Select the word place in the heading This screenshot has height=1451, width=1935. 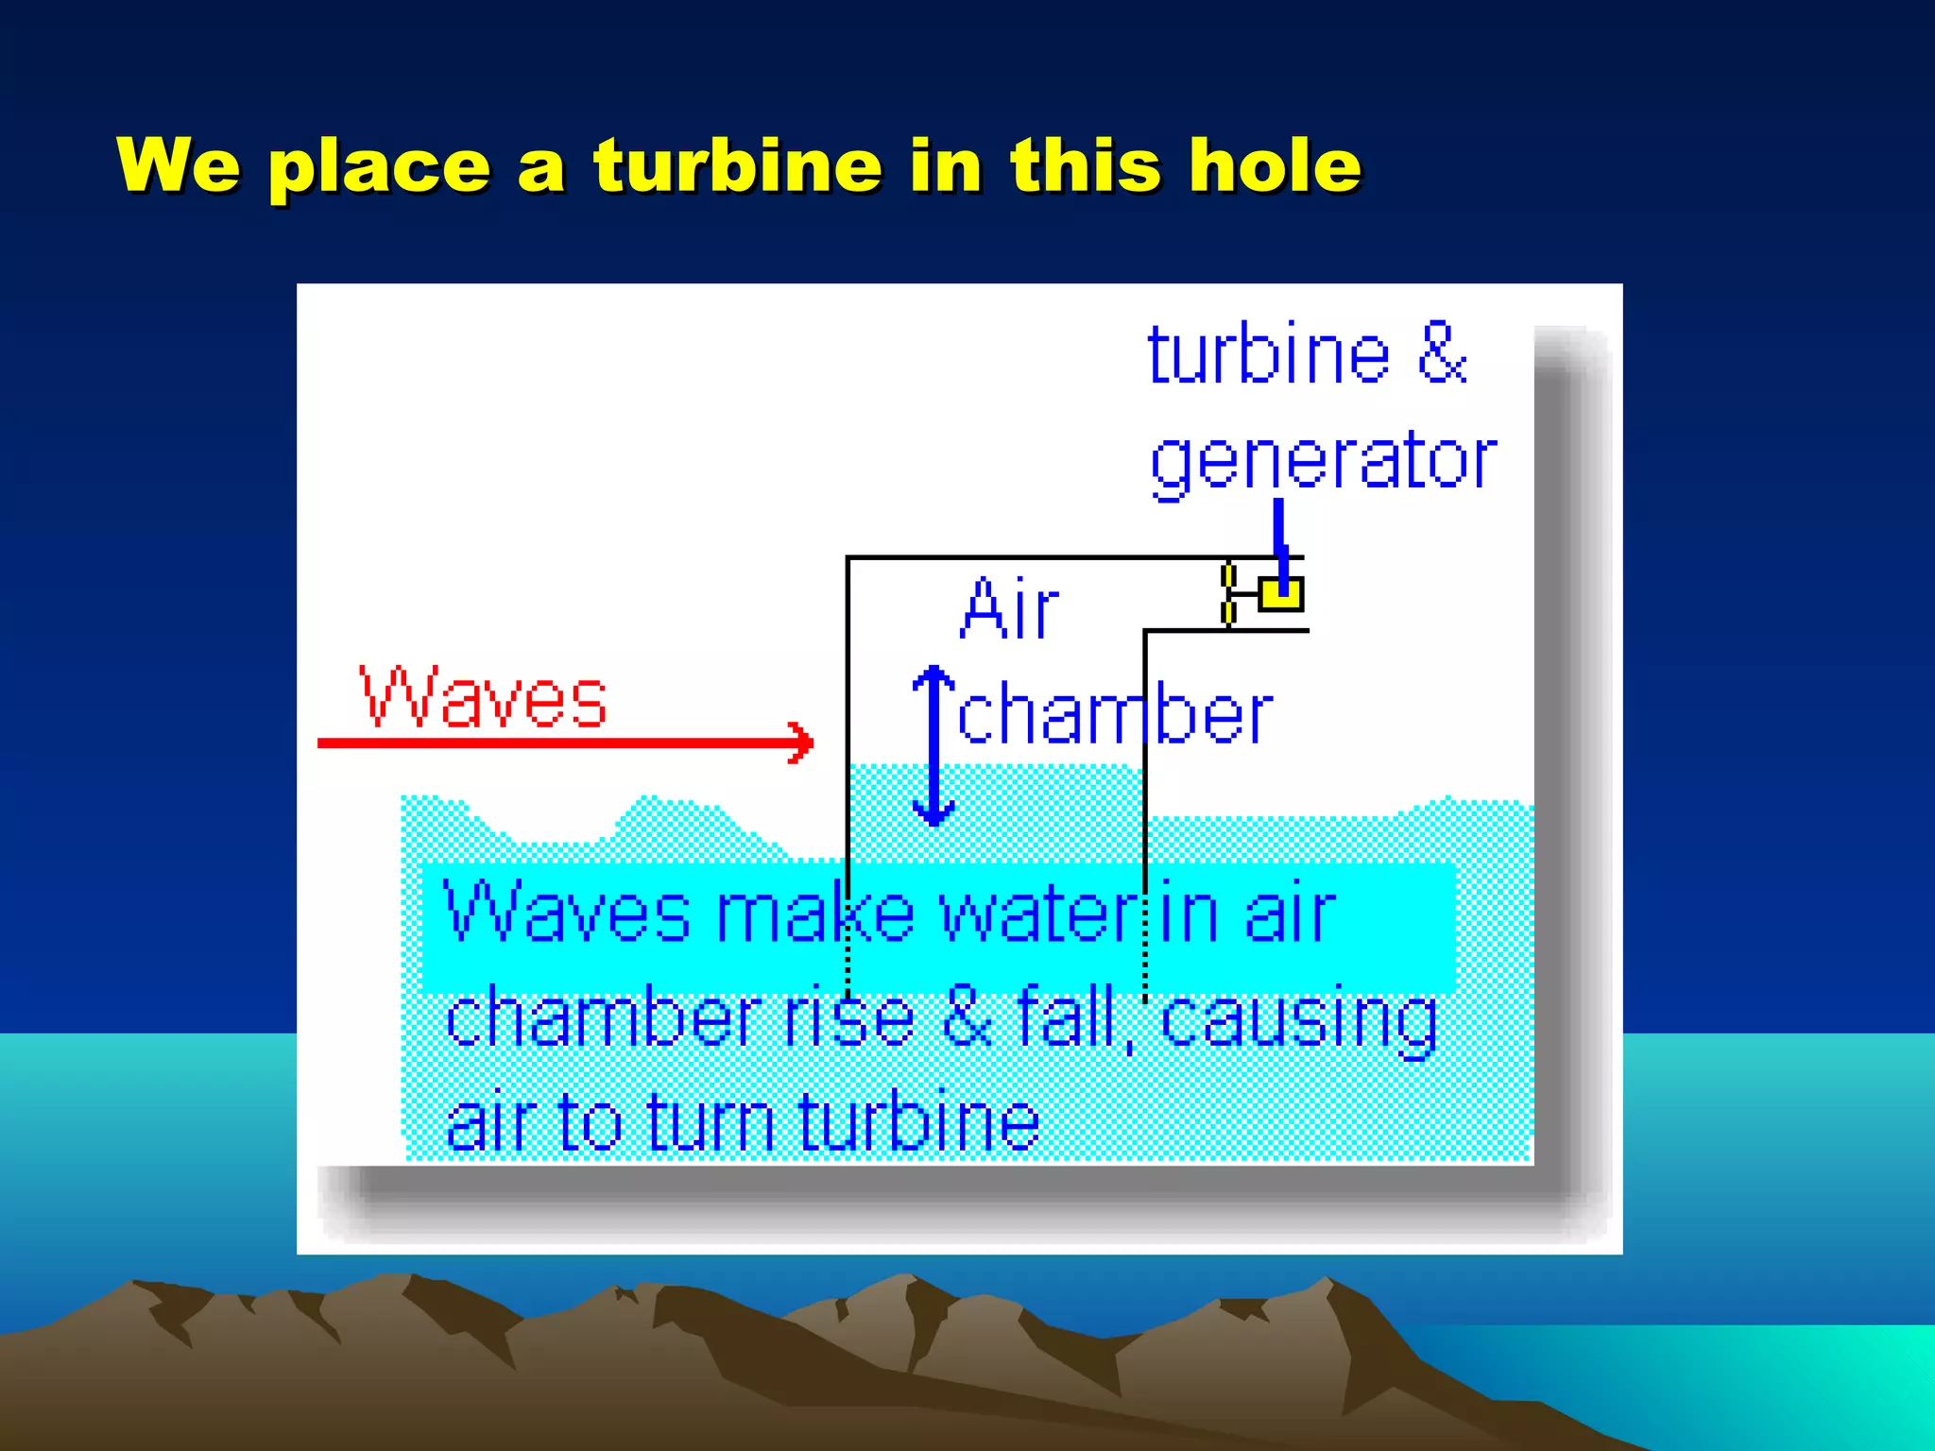379,168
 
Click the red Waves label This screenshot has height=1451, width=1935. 483,698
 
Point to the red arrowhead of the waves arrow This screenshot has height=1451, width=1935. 802,743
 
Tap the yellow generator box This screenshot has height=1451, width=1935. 1281,594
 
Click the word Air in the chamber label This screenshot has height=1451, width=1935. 1009,609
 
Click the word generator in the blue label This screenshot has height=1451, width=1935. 1323,462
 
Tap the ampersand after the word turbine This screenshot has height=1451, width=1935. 1443,354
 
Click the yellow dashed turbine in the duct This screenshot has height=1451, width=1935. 1228,594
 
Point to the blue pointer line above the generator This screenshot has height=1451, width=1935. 1279,534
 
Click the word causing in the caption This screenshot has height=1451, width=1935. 1299,1020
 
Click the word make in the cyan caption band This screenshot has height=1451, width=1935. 816,913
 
